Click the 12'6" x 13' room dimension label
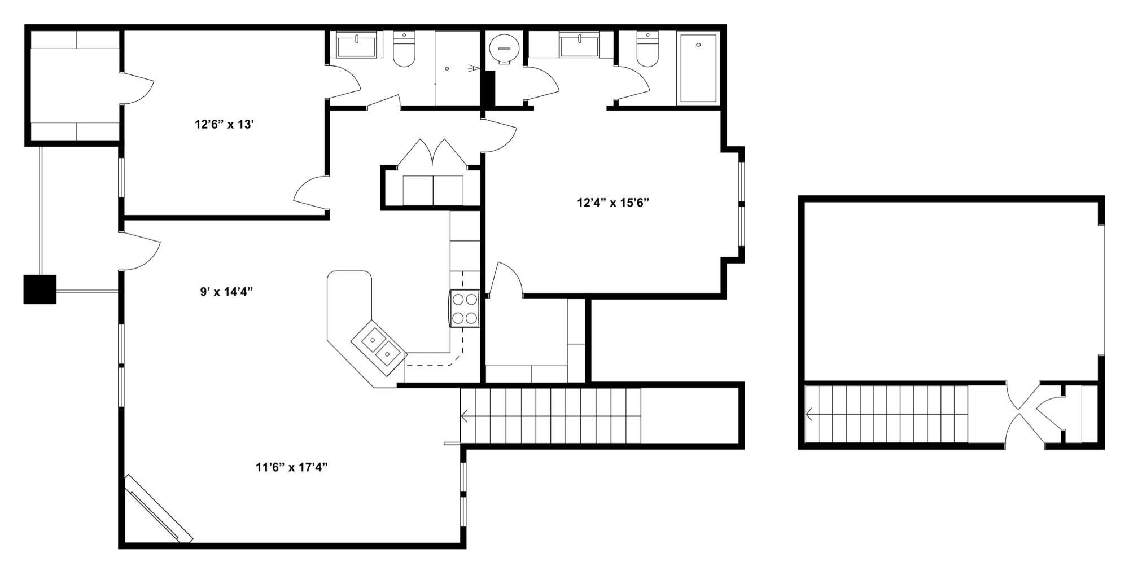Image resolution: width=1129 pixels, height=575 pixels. (224, 124)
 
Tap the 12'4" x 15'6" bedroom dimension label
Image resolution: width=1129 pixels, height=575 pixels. (612, 203)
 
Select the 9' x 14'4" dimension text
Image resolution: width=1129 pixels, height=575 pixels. (226, 292)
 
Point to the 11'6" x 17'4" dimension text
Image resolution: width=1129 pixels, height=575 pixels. (291, 467)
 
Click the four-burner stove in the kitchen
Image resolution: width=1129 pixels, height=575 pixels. (465, 309)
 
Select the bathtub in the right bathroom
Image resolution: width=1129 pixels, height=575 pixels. (698, 68)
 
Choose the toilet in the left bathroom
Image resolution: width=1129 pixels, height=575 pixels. (404, 50)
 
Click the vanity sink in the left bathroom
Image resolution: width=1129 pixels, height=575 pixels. (357, 45)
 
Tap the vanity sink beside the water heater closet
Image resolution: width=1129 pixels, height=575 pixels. (579, 45)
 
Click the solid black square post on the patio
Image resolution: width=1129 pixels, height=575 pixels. (40, 289)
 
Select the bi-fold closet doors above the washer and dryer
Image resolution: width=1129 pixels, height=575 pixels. (432, 153)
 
